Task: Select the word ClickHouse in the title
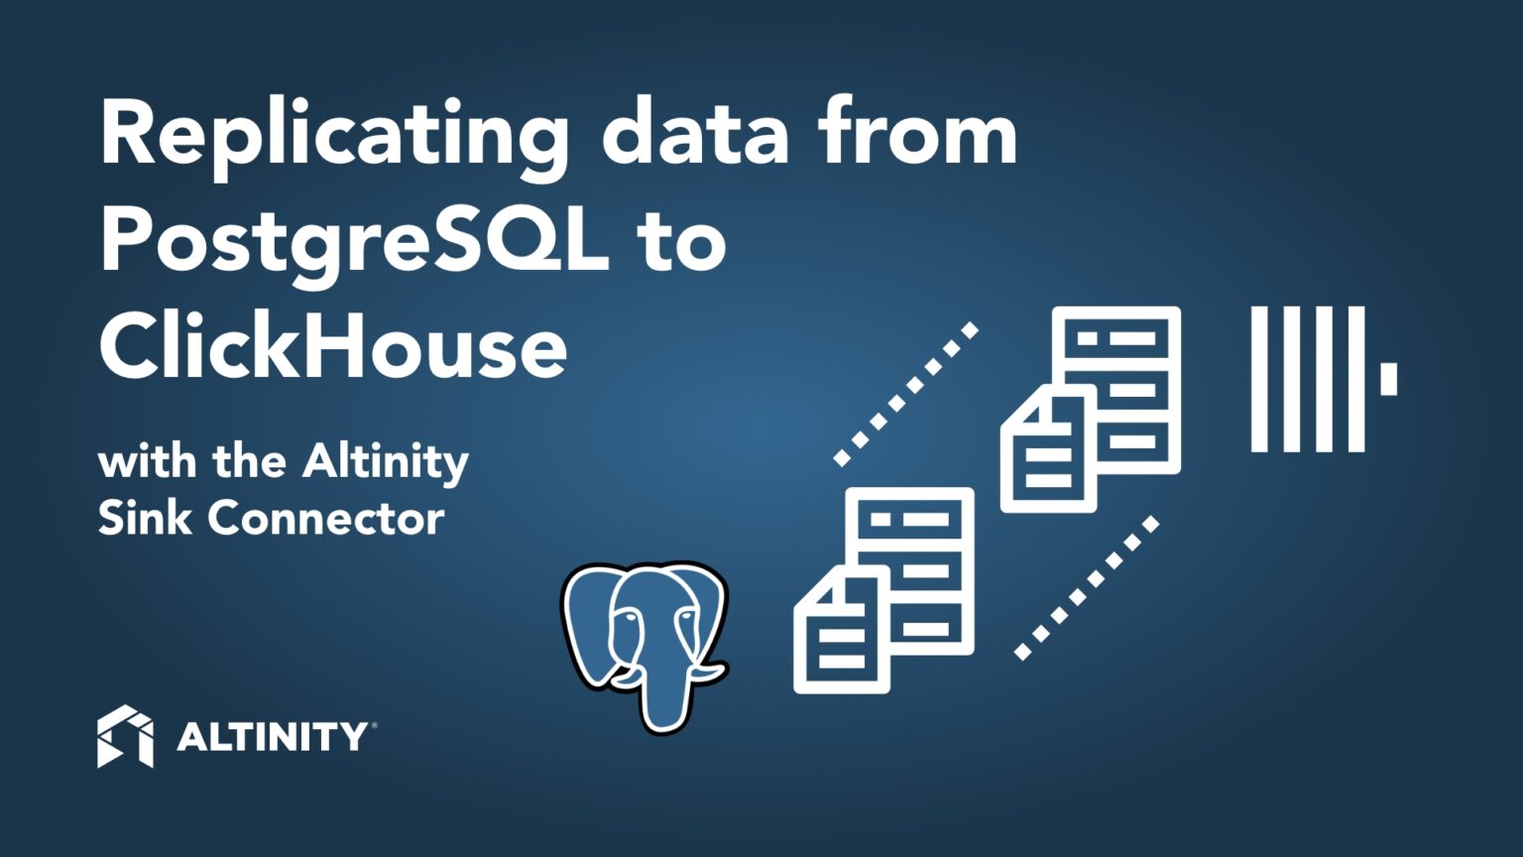333,348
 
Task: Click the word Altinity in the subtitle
385,462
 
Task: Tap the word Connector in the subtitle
326,519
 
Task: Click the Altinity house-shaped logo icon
125,736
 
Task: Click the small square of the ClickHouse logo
1388,379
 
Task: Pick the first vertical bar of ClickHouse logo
1259,379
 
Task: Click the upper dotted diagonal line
906,395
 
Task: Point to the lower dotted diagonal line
1087,587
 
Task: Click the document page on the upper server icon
1048,448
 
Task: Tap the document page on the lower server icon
842,630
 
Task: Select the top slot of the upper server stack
1116,338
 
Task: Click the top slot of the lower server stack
909,520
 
